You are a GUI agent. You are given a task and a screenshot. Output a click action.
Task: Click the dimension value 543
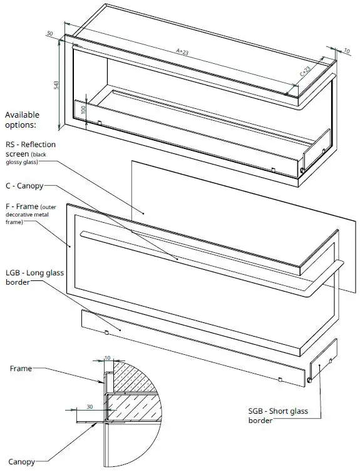point(56,84)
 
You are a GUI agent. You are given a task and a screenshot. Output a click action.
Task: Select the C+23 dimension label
point(305,73)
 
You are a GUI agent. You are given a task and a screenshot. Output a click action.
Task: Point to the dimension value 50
point(49,34)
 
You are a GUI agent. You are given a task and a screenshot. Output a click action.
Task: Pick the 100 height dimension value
point(74,110)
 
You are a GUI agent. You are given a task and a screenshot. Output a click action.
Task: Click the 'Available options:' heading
point(22,119)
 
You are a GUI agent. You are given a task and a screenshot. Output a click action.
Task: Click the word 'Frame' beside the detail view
point(20,369)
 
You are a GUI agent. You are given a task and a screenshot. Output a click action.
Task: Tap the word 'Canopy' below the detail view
point(21,462)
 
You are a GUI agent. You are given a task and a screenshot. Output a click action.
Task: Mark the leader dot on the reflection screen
point(143,213)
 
